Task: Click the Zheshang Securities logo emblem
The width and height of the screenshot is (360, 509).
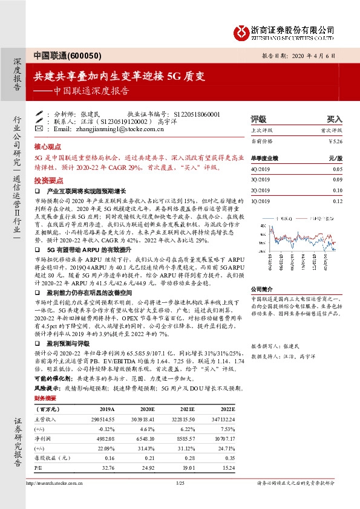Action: [x=241, y=30]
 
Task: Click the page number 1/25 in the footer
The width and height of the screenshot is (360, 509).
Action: [x=179, y=483]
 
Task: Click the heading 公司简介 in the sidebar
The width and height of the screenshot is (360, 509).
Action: [x=261, y=289]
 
